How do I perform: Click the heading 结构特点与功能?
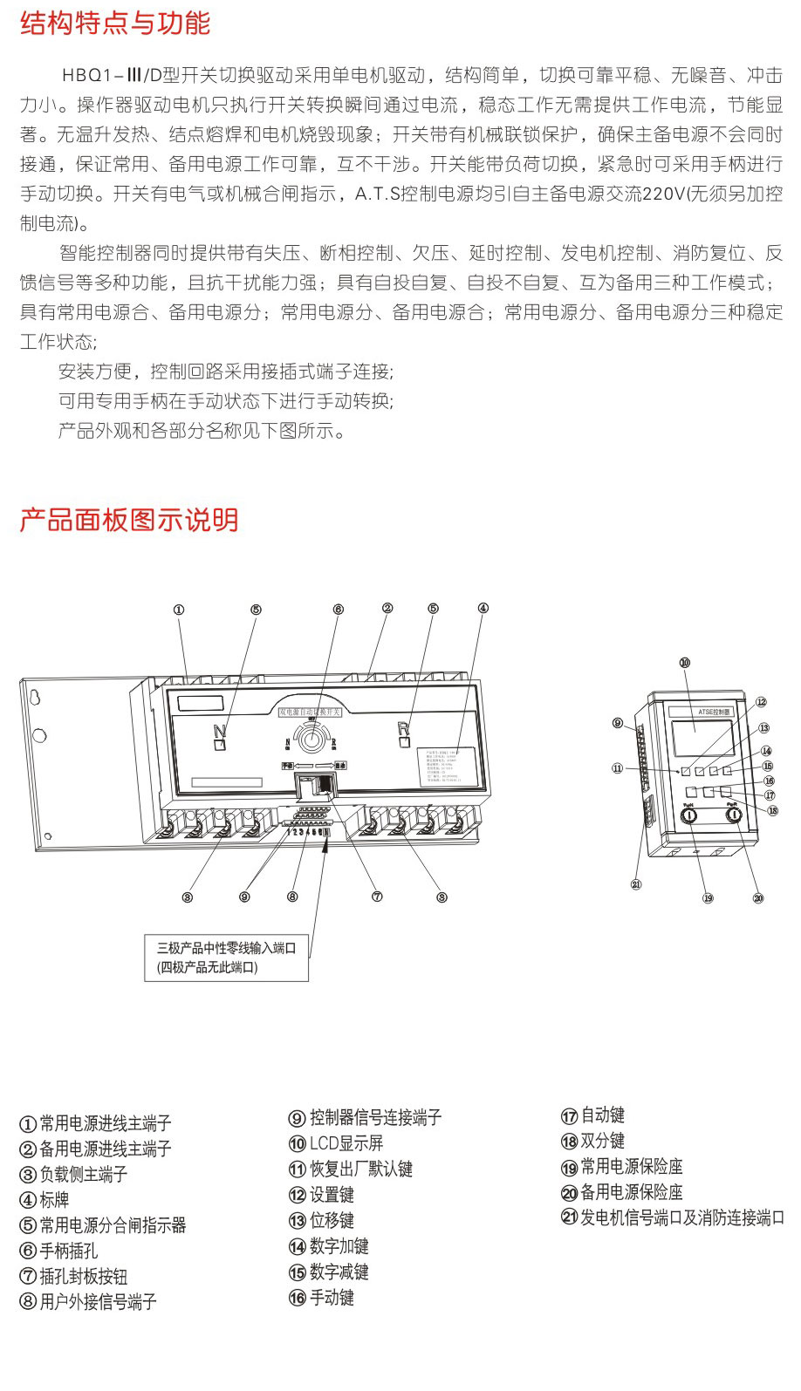point(115,24)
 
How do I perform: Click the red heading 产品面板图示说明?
point(129,520)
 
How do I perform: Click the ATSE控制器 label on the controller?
point(714,712)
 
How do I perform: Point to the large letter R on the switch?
point(403,728)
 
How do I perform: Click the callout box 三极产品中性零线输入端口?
point(226,958)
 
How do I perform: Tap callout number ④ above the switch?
point(483,608)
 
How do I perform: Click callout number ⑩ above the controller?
point(685,663)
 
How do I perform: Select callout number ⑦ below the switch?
point(377,897)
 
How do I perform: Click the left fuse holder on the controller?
point(688,815)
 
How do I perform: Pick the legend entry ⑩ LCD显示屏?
point(336,1143)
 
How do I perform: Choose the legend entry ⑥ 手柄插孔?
point(59,1251)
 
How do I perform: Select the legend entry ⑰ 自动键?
point(592,1115)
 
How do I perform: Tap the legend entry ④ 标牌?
point(44,1200)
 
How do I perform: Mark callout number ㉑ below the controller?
point(636,884)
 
